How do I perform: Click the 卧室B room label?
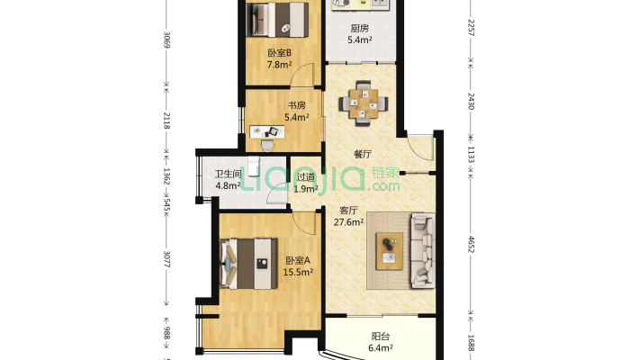pyautogui.click(x=279, y=53)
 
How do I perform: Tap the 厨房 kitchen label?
pyautogui.click(x=360, y=28)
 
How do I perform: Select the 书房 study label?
pyautogui.click(x=296, y=105)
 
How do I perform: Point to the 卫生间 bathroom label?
pyautogui.click(x=229, y=174)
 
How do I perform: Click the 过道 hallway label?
pyautogui.click(x=306, y=177)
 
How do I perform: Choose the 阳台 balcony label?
pyautogui.click(x=381, y=337)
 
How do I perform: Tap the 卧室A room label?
pyautogui.click(x=298, y=260)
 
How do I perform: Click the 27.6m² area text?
pyautogui.click(x=349, y=222)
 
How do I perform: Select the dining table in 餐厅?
pyautogui.click(x=363, y=103)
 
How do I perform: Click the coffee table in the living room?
pyautogui.click(x=389, y=251)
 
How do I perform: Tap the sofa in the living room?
pyautogui.click(x=423, y=250)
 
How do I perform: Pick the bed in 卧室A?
pyautogui.click(x=248, y=264)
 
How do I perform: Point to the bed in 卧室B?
pyautogui.click(x=278, y=20)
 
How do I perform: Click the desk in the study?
pyautogui.click(x=267, y=131)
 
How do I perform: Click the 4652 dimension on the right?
pyautogui.click(x=471, y=244)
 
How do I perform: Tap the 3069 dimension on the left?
pyautogui.click(x=166, y=40)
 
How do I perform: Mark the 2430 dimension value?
pyautogui.click(x=471, y=101)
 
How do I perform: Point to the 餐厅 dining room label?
pyautogui.click(x=363, y=154)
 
